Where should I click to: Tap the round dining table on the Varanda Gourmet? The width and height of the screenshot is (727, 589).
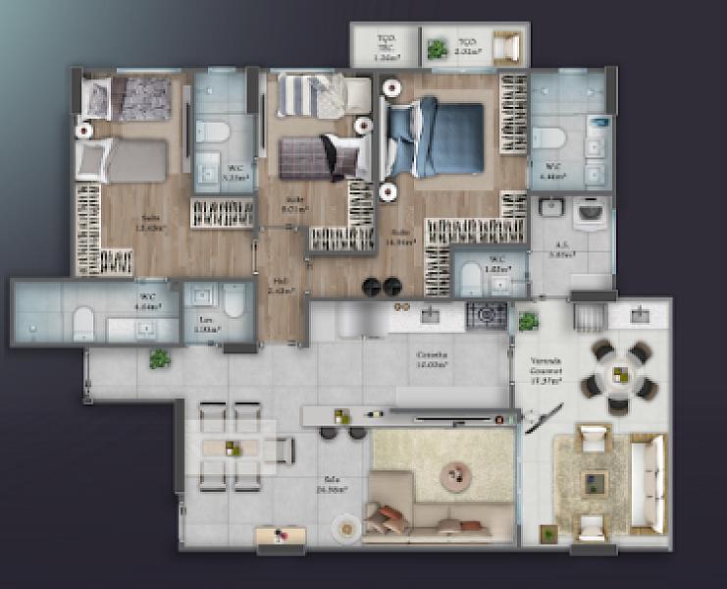[619, 373]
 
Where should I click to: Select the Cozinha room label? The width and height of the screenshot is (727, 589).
[432, 358]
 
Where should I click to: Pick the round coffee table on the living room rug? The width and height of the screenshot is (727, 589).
[456, 477]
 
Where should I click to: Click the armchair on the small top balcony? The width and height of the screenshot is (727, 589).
[507, 48]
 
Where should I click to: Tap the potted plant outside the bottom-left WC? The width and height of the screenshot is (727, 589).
[158, 359]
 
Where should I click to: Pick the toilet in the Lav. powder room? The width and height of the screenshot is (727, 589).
[234, 300]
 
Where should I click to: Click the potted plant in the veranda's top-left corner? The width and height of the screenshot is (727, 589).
[528, 320]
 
